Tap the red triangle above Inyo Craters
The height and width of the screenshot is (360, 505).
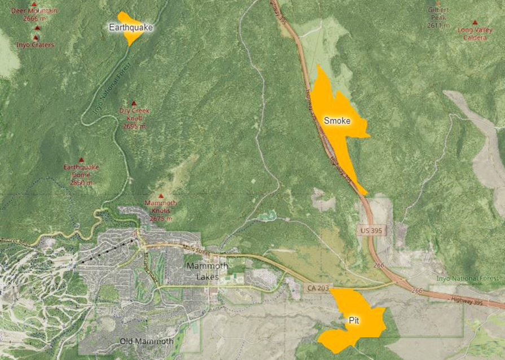(36, 37)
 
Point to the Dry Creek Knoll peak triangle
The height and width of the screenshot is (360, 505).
(134, 103)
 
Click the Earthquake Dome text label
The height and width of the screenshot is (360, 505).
(81, 167)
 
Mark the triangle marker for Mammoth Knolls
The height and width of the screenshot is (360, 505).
(160, 196)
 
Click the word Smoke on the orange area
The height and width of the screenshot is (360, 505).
(337, 121)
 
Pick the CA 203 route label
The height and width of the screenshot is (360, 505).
(318, 288)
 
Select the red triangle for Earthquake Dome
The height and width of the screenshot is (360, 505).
(81, 160)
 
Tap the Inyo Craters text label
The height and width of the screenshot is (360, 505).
(35, 45)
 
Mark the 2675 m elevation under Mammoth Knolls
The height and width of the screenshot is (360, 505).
(161, 218)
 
